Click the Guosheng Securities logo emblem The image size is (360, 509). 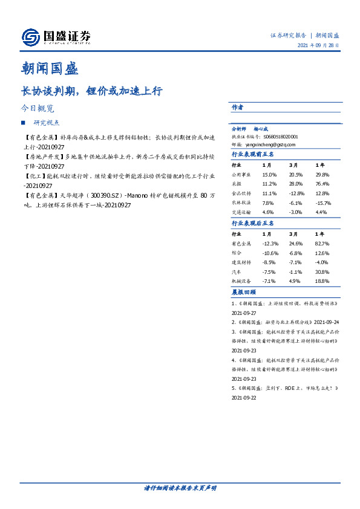click(x=30, y=37)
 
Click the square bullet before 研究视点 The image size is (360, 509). click(x=23, y=122)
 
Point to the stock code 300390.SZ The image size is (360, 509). click(x=108, y=195)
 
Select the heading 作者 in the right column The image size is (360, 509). click(x=237, y=107)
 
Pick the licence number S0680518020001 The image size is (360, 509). click(x=277, y=137)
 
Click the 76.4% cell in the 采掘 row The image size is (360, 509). click(x=322, y=184)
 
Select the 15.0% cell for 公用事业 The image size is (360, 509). click(x=269, y=174)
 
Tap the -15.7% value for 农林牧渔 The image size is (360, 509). click(x=324, y=203)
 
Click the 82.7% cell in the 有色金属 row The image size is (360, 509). click(x=322, y=243)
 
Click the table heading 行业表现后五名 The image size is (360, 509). click(x=253, y=223)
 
